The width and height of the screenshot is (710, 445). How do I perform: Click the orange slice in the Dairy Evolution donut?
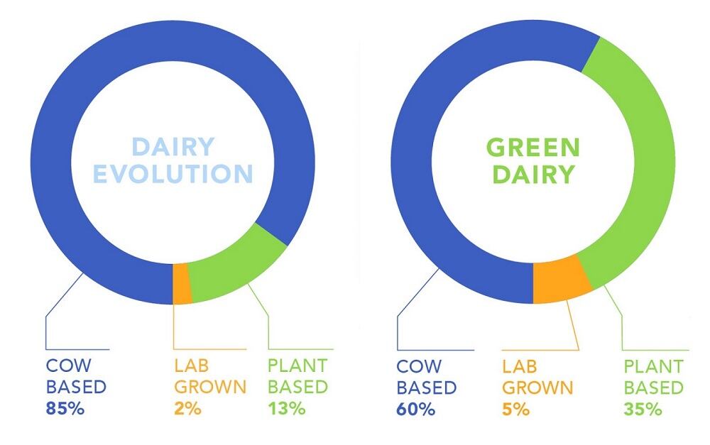coord(182,283)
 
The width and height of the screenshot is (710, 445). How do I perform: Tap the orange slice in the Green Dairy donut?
coord(561,278)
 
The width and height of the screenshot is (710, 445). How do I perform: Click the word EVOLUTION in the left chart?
coord(173,174)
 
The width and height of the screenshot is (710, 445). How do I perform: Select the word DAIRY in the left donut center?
coord(173,147)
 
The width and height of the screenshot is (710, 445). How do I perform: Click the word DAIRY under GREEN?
coord(532,175)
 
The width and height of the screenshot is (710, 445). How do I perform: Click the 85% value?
coord(65,409)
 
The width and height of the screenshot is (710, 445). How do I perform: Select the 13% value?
coord(287,409)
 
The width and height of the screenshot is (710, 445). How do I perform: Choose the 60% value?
coord(415,410)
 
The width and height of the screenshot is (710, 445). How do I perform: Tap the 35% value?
coord(643,410)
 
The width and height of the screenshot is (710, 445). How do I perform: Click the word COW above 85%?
coord(65,366)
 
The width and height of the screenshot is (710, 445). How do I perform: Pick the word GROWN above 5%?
coord(537,388)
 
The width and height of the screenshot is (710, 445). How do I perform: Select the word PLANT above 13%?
coord(297,366)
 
